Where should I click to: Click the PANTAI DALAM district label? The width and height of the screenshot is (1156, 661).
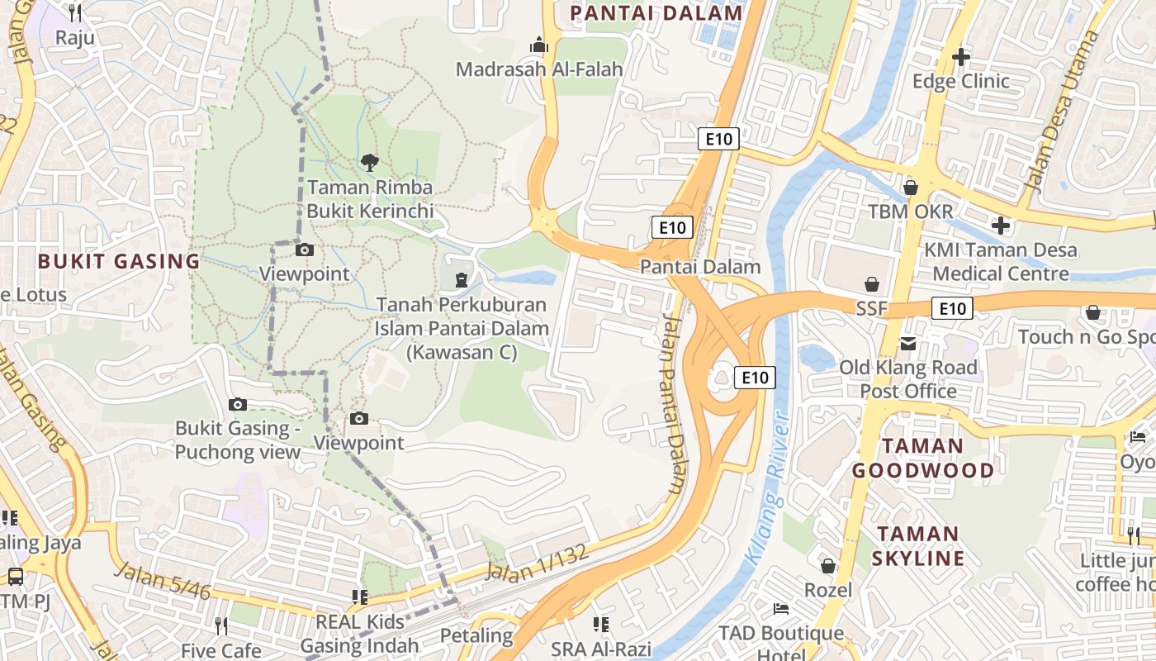point(656,12)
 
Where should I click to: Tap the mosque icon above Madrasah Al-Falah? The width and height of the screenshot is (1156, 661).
point(539,44)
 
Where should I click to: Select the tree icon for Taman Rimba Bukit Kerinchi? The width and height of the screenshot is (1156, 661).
point(369,162)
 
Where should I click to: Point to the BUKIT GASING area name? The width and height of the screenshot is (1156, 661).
point(119,262)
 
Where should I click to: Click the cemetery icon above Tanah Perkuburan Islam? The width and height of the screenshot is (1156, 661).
point(461,279)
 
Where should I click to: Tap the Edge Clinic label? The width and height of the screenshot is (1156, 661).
point(960,81)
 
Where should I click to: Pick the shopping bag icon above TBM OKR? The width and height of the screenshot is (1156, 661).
point(910,188)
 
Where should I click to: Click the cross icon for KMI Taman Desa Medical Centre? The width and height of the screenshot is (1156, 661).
point(1000,225)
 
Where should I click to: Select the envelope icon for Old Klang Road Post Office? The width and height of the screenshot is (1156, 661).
point(908,343)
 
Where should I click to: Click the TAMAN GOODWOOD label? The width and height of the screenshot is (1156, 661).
point(923,459)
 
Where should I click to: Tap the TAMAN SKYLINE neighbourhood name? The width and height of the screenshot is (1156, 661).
point(917,545)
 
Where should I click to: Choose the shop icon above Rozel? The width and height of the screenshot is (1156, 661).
point(827,566)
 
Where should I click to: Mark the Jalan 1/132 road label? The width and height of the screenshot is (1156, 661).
point(538,564)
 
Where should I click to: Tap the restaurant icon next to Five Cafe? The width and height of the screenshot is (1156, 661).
point(220,625)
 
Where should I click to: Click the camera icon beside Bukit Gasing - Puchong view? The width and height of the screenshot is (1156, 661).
point(238,404)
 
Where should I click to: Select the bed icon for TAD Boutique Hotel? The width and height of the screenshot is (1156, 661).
point(780,609)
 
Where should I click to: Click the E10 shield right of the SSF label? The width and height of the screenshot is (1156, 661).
point(952,309)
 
